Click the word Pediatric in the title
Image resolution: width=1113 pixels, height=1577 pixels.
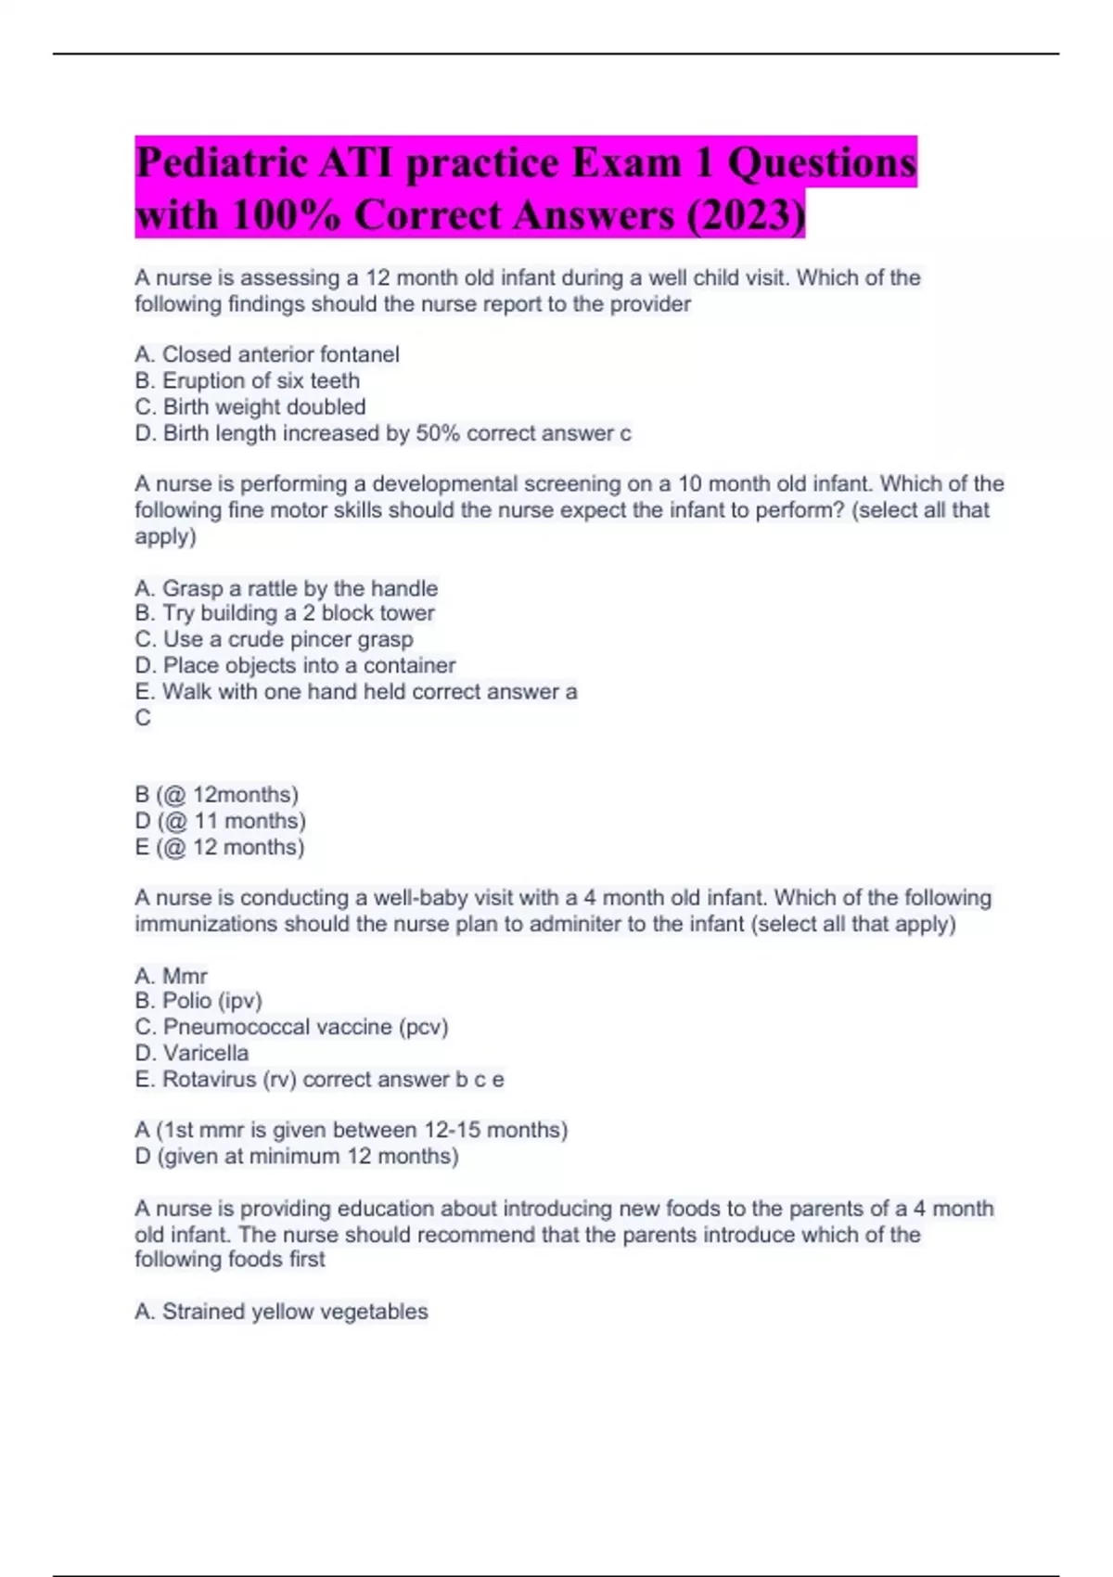(x=221, y=163)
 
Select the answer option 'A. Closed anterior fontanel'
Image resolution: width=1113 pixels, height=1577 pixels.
(x=267, y=354)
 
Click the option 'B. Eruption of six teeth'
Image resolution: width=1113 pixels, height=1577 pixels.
(x=248, y=380)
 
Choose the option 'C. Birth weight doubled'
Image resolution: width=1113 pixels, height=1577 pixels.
(x=250, y=406)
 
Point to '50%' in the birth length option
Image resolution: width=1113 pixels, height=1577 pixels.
(x=438, y=433)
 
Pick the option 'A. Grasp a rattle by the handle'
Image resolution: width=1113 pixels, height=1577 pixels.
(x=286, y=588)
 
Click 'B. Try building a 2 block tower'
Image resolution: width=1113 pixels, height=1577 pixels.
(x=285, y=613)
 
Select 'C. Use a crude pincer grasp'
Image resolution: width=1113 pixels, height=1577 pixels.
(x=274, y=639)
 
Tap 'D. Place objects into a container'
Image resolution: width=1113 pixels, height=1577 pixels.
(x=295, y=665)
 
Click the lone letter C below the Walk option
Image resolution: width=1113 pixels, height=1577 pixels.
(x=143, y=717)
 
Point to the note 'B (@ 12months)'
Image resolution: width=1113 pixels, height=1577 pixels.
(x=216, y=795)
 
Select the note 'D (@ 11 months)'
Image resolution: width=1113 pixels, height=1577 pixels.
(x=220, y=821)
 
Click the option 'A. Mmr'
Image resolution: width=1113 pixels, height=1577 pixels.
(x=172, y=976)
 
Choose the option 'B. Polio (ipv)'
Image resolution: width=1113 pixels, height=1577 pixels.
(x=198, y=1001)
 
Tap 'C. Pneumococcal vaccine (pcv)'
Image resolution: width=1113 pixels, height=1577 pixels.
(x=291, y=1027)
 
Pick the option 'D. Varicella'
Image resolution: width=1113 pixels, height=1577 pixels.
(x=192, y=1053)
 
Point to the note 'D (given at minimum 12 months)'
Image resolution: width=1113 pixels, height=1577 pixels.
(x=297, y=1156)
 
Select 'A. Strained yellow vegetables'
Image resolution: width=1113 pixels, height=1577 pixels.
(x=281, y=1312)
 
